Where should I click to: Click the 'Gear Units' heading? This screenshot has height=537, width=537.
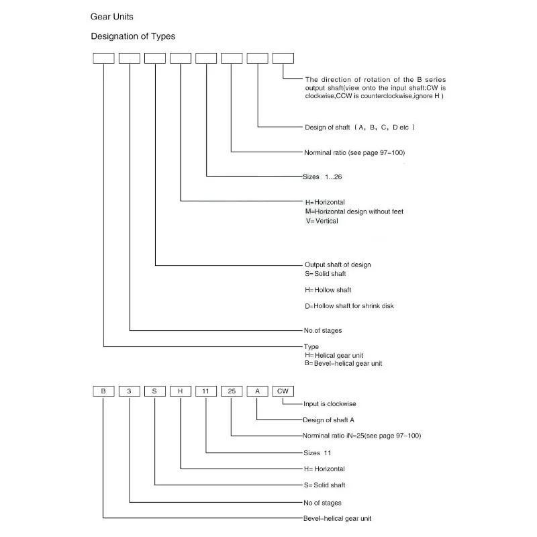(x=111, y=17)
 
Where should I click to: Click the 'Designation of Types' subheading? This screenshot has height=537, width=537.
(x=133, y=36)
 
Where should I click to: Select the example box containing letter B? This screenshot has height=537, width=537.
(x=103, y=391)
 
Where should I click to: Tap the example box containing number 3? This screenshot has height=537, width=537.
(x=130, y=391)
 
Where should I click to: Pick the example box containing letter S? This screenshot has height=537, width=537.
(x=155, y=391)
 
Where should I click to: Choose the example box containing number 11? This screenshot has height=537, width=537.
(x=206, y=391)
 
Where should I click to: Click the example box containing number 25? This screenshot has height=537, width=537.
(x=232, y=391)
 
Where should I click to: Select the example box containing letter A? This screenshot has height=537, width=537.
(x=258, y=391)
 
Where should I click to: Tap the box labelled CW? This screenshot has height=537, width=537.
(x=283, y=391)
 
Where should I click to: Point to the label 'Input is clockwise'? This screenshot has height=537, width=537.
(x=330, y=404)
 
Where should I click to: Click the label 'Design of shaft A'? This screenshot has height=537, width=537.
(x=328, y=420)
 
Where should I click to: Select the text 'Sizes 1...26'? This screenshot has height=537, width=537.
(x=322, y=177)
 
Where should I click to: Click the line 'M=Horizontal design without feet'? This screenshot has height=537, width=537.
(x=354, y=211)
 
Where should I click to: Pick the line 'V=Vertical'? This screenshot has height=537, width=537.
(x=322, y=221)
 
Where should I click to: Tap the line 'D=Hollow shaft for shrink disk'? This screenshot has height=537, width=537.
(x=349, y=306)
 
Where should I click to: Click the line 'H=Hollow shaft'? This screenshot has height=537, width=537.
(x=328, y=290)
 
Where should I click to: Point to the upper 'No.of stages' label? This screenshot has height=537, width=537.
(x=323, y=330)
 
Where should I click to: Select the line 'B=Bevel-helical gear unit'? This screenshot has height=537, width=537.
(x=344, y=363)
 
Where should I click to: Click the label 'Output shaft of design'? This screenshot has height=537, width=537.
(x=338, y=264)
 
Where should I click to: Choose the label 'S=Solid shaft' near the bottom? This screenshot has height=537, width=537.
(x=325, y=485)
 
